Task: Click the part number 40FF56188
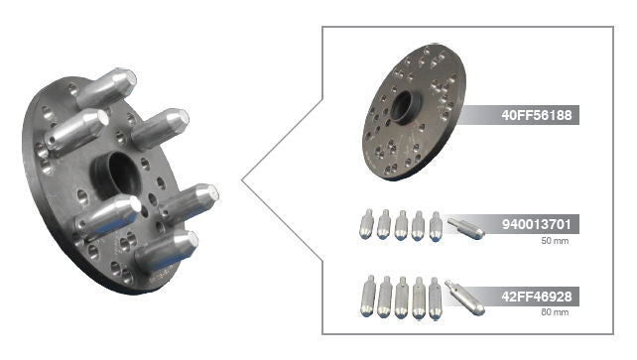pos(536,115)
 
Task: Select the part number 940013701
pos(536,224)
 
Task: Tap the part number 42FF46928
pos(536,297)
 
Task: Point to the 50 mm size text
pos(555,241)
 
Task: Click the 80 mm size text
pos(555,312)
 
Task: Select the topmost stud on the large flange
pos(106,88)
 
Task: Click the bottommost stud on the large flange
pos(167,251)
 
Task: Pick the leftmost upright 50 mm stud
pos(367,224)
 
